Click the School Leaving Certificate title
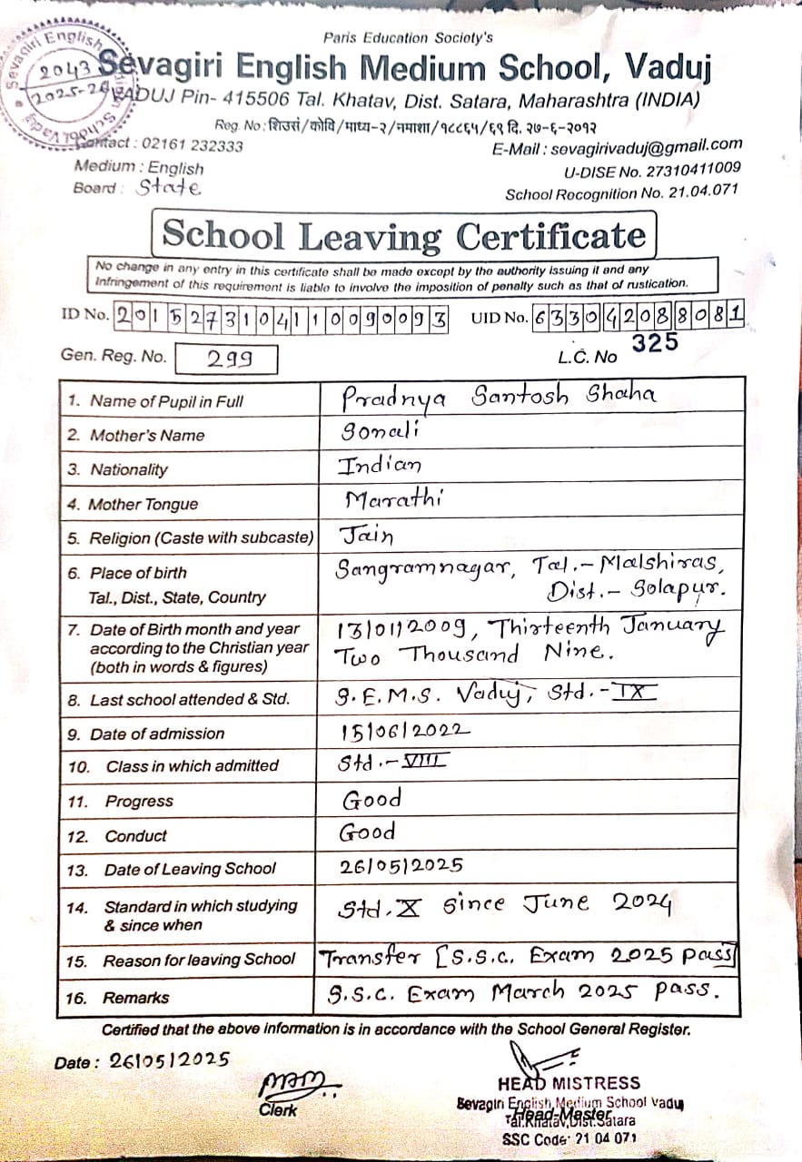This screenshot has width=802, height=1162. [x=404, y=236]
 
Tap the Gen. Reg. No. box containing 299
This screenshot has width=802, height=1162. [x=226, y=359]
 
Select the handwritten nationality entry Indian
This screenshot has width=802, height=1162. [x=380, y=466]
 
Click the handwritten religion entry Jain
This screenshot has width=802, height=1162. [x=366, y=535]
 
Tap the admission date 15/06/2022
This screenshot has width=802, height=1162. [x=405, y=730]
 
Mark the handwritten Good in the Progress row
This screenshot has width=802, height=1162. [x=371, y=799]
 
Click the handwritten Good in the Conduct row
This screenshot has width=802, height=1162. [x=368, y=832]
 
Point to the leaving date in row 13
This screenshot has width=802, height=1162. [x=401, y=865]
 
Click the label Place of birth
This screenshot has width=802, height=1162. [x=138, y=573]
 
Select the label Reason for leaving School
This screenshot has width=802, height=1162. [x=199, y=960]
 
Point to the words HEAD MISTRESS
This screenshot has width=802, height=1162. [x=569, y=1083]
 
